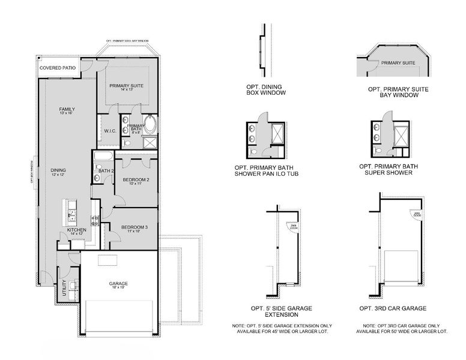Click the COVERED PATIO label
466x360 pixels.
(x=58, y=68)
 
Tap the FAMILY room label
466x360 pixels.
(x=66, y=109)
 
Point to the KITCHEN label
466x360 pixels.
(x=76, y=229)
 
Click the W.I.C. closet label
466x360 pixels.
(x=110, y=130)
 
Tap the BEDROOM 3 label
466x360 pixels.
(x=135, y=227)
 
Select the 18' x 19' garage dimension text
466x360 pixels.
(x=118, y=288)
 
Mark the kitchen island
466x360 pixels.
(x=72, y=211)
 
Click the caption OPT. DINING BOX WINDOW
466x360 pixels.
(x=265, y=90)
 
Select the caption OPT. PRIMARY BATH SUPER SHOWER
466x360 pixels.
(x=389, y=170)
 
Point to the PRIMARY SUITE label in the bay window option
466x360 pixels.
(x=398, y=62)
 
